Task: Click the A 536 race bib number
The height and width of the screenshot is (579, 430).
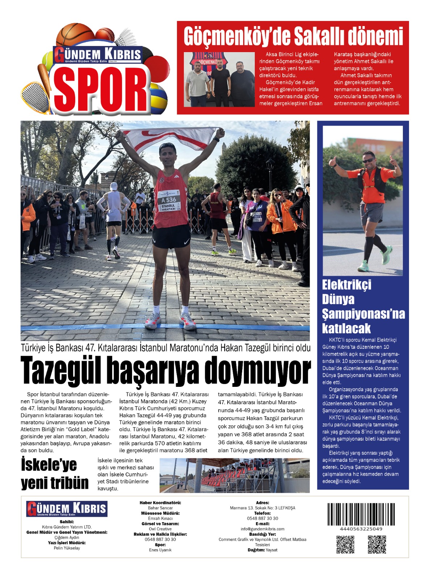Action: [x=169, y=200]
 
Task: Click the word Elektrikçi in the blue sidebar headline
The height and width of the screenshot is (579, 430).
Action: [x=346, y=285]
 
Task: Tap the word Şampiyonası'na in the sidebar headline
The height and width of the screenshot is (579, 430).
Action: [x=363, y=314]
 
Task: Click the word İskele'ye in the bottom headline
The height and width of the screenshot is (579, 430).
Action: [x=49, y=465]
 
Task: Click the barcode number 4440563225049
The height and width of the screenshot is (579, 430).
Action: [x=361, y=529]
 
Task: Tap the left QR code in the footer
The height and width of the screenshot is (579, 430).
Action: [x=345, y=544]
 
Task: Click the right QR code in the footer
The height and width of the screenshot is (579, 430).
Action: [x=377, y=544]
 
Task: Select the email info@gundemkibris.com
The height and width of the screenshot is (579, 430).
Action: [x=262, y=529]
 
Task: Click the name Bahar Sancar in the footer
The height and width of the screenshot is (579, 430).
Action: [x=160, y=508]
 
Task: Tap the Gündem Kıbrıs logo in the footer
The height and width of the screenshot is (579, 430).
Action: [x=67, y=509]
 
